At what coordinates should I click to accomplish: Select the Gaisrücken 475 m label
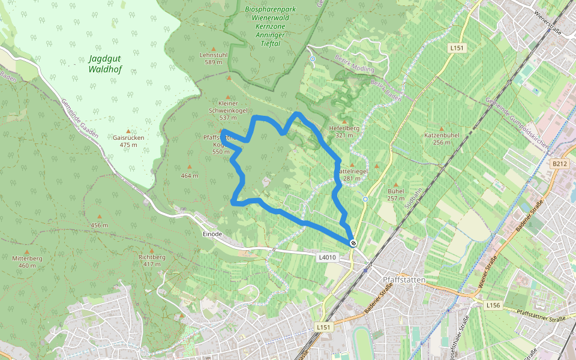click(128, 141)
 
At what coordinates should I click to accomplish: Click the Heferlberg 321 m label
click(344, 131)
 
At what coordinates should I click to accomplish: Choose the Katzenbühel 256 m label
click(442, 139)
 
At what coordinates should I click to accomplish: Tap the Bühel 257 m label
click(396, 194)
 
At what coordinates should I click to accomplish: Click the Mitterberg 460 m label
click(27, 262)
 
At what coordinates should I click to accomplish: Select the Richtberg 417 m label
click(152, 260)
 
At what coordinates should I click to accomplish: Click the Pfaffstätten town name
click(404, 280)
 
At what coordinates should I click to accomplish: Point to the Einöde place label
click(212, 234)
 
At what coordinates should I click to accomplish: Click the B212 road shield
click(559, 163)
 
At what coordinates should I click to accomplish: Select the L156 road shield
click(493, 305)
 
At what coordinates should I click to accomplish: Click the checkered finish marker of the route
click(353, 242)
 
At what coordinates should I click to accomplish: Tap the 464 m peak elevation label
click(189, 176)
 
